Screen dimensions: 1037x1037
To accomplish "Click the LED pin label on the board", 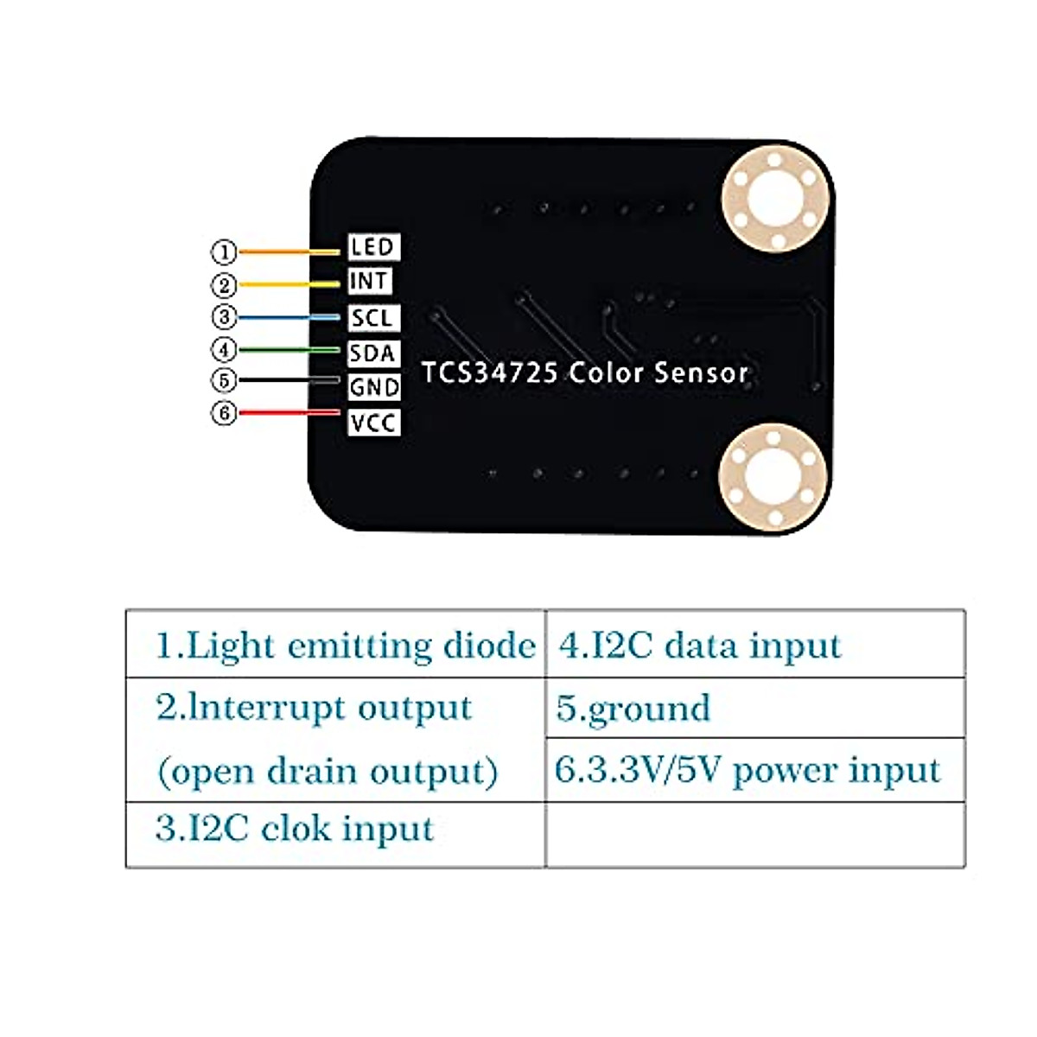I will (x=373, y=247).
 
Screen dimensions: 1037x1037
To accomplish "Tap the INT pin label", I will (x=369, y=282).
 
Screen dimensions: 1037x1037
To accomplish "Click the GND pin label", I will (x=374, y=387).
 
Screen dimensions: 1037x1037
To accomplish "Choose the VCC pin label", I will (x=373, y=423).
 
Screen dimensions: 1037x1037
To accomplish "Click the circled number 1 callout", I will (x=224, y=252).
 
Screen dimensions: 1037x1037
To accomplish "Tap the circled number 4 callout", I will (x=224, y=350).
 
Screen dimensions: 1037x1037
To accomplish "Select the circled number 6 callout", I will (x=224, y=413).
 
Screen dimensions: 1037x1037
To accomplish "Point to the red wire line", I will (x=289, y=413).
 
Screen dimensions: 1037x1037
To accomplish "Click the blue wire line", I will (x=289, y=317).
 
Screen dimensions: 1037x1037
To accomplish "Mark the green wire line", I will (x=289, y=350).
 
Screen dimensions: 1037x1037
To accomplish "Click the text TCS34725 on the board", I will (x=490, y=373).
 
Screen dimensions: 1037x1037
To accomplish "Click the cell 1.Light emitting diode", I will (x=344, y=646).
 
